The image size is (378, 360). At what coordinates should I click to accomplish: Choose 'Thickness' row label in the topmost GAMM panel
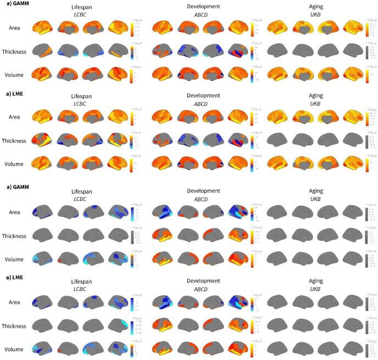click(x=15, y=50)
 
